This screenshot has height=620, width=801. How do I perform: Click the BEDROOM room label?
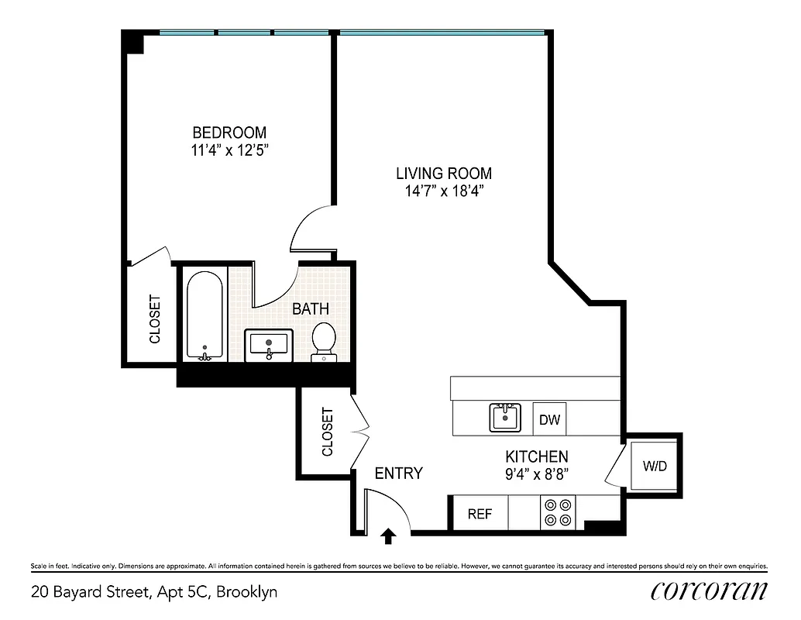229,132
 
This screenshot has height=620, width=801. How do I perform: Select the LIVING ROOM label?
444,174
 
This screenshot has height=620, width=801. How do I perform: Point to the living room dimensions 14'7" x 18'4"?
444,191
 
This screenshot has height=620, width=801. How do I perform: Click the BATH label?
310,308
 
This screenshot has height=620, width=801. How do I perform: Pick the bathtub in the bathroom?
205,315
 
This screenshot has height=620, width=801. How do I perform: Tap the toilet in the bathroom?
323,343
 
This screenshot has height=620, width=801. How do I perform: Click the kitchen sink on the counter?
505,418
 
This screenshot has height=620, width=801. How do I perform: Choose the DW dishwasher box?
550,419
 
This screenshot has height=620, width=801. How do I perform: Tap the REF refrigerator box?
480,514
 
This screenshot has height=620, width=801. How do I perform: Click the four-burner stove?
558,512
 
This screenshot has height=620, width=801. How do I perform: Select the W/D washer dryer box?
654,467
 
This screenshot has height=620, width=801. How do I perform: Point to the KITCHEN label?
537,456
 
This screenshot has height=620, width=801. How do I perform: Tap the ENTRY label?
398,474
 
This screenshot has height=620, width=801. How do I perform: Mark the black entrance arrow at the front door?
388,534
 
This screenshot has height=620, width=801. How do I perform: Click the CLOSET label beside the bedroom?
155,319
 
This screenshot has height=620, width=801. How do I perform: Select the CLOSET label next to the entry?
327,432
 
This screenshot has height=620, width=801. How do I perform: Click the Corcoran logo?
709,591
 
